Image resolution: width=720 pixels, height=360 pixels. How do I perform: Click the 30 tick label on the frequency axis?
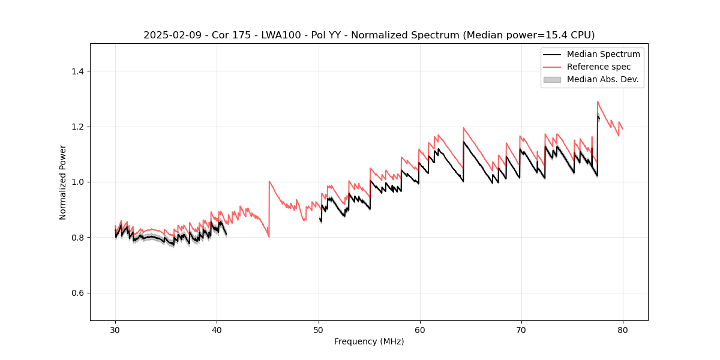(115, 330)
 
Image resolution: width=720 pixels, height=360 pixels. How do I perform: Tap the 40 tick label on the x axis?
(217, 330)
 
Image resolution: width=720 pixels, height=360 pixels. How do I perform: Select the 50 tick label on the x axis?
(318, 330)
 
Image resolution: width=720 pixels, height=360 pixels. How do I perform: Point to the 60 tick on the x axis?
(419, 330)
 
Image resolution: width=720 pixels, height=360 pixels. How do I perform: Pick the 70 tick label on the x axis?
(521, 330)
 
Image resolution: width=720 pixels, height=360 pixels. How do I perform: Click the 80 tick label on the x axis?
(622, 330)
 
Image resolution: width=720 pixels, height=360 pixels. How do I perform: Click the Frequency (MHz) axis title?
(369, 341)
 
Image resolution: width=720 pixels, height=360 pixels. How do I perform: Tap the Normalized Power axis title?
(63, 182)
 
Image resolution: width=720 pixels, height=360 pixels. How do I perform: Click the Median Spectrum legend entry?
(603, 54)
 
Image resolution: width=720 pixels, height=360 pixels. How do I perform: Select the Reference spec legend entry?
(598, 67)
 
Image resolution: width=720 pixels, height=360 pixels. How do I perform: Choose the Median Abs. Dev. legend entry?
(602, 79)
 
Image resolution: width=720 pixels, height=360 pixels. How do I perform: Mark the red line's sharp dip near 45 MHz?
(269, 236)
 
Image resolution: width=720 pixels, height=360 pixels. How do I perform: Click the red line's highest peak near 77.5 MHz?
(598, 102)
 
